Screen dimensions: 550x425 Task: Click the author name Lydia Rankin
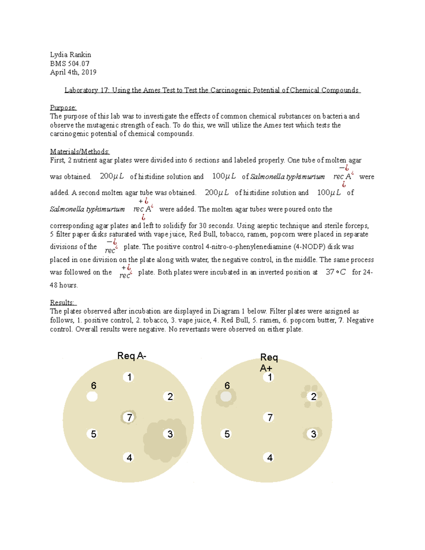click(x=70, y=55)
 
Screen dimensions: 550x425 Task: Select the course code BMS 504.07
click(x=69, y=63)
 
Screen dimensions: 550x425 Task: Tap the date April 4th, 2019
click(x=73, y=72)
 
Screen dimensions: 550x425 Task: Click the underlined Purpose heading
click(x=63, y=107)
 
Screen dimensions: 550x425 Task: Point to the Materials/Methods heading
click(x=80, y=152)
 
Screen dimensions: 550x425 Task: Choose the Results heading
click(x=62, y=302)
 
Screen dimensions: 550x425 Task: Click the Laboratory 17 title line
click(x=212, y=90)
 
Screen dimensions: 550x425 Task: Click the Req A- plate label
click(x=131, y=356)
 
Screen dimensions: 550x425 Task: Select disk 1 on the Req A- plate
click(x=129, y=377)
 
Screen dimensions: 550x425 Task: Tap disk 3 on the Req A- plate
click(x=170, y=434)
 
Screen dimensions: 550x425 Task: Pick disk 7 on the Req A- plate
click(x=129, y=418)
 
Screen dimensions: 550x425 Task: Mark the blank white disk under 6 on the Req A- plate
click(x=92, y=396)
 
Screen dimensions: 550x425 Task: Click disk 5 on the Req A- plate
click(x=93, y=434)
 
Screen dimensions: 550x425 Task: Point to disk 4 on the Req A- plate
click(x=129, y=458)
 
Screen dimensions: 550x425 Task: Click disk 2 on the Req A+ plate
click(x=313, y=396)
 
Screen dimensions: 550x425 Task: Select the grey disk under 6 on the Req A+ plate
click(x=226, y=397)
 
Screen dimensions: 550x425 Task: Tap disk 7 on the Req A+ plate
click(x=270, y=418)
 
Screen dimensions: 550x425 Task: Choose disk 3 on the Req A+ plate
click(x=313, y=434)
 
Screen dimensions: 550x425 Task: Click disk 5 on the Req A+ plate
click(x=227, y=434)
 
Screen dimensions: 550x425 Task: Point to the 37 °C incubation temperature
click(x=335, y=272)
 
